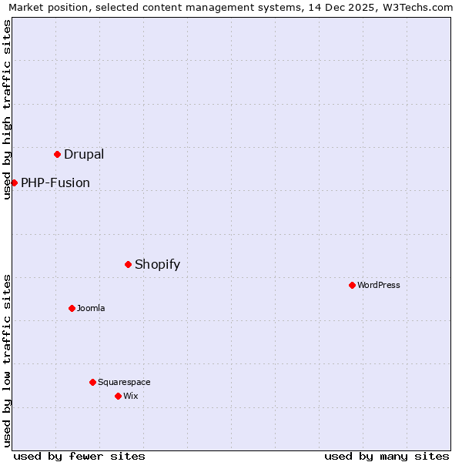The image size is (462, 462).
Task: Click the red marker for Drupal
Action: (x=57, y=154)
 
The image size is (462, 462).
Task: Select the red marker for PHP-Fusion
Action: (x=14, y=182)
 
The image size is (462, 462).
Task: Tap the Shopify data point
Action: (x=128, y=264)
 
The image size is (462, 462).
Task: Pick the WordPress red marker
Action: (x=352, y=285)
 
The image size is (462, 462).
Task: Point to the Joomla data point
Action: (x=72, y=308)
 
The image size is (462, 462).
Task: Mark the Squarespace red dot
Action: (x=92, y=382)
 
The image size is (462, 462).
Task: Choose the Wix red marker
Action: (x=118, y=396)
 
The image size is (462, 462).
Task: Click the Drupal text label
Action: (x=84, y=154)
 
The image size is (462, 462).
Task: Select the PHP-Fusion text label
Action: (x=55, y=182)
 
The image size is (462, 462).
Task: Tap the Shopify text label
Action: (x=157, y=264)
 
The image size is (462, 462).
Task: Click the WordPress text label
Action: (x=379, y=285)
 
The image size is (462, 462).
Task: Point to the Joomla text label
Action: (x=91, y=308)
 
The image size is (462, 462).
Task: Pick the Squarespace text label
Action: (x=124, y=382)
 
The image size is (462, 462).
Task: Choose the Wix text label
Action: (x=131, y=396)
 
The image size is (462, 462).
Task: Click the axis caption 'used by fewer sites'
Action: (x=79, y=456)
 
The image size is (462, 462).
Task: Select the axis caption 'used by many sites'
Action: (x=387, y=456)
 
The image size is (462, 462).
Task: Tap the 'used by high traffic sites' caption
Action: (x=8, y=109)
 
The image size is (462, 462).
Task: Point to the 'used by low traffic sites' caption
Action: (x=8, y=360)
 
